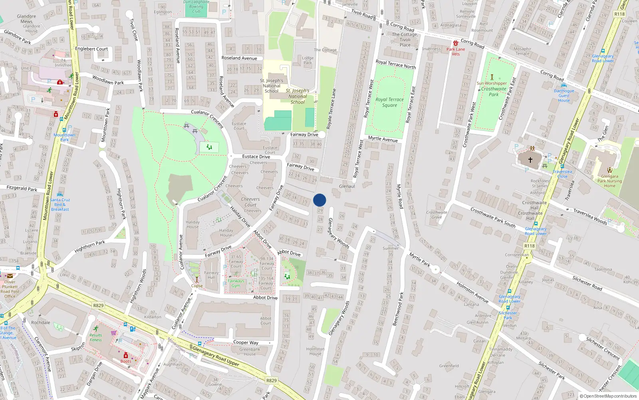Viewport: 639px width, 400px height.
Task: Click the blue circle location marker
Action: tap(319, 200)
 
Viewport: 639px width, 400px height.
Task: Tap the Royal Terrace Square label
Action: tap(389, 102)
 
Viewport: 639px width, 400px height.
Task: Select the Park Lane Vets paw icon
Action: tap(456, 43)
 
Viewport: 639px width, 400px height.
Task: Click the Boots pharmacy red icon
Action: tap(125, 355)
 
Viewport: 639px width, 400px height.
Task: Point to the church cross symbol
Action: tap(530, 160)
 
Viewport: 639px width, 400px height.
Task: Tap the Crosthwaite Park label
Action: tap(494, 92)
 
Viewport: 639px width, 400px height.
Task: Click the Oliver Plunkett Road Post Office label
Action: tap(10, 289)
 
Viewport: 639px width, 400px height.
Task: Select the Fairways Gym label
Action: tap(236, 283)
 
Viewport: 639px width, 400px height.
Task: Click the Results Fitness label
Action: tap(96, 338)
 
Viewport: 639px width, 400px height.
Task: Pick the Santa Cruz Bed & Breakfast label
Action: tap(60, 204)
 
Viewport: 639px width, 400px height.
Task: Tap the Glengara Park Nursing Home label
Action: tap(609, 181)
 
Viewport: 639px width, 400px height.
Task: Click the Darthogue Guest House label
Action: tap(564, 96)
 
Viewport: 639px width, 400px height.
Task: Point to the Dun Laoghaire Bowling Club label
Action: tap(196, 6)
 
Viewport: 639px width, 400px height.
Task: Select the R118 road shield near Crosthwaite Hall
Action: tap(529, 246)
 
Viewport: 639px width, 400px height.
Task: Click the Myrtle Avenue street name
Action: tap(383, 139)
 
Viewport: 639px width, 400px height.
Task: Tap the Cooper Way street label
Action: tap(246, 342)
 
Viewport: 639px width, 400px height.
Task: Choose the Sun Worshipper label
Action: tap(492, 83)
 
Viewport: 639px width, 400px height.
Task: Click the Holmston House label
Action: tap(315, 351)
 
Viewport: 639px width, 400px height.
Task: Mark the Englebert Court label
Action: tap(91, 49)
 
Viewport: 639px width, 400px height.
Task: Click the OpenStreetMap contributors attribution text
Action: tap(608, 396)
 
